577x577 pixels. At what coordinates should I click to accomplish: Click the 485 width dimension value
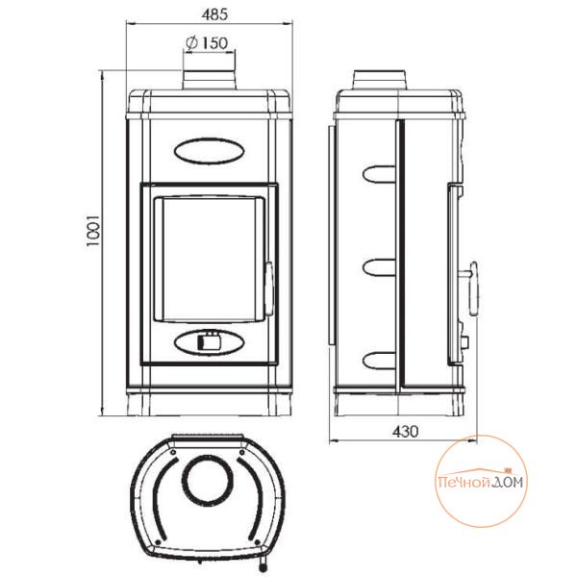coord(214,14)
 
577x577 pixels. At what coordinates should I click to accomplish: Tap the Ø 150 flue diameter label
coord(207,43)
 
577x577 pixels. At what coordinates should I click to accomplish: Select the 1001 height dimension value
coord(93,231)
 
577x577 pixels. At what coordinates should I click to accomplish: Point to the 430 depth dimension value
coord(405,431)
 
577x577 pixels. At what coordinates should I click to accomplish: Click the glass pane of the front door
coord(209,260)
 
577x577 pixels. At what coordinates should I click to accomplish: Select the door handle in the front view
coord(269,288)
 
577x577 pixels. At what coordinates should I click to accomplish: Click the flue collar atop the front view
coord(209,79)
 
